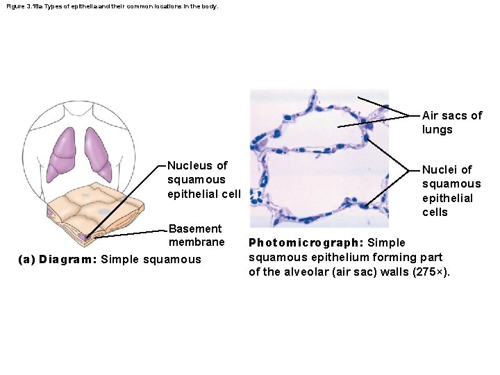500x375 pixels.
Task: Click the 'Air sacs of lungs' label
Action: [x=451, y=122]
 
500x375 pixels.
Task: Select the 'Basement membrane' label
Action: [x=197, y=235]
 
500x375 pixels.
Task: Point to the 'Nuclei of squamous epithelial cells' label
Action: [x=451, y=190]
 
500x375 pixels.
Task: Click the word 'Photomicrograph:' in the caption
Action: [x=305, y=243]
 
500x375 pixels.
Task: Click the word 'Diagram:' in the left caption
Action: [x=69, y=260]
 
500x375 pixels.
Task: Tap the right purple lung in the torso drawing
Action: [x=97, y=153]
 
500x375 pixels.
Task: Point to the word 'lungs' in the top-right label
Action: [x=437, y=130]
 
